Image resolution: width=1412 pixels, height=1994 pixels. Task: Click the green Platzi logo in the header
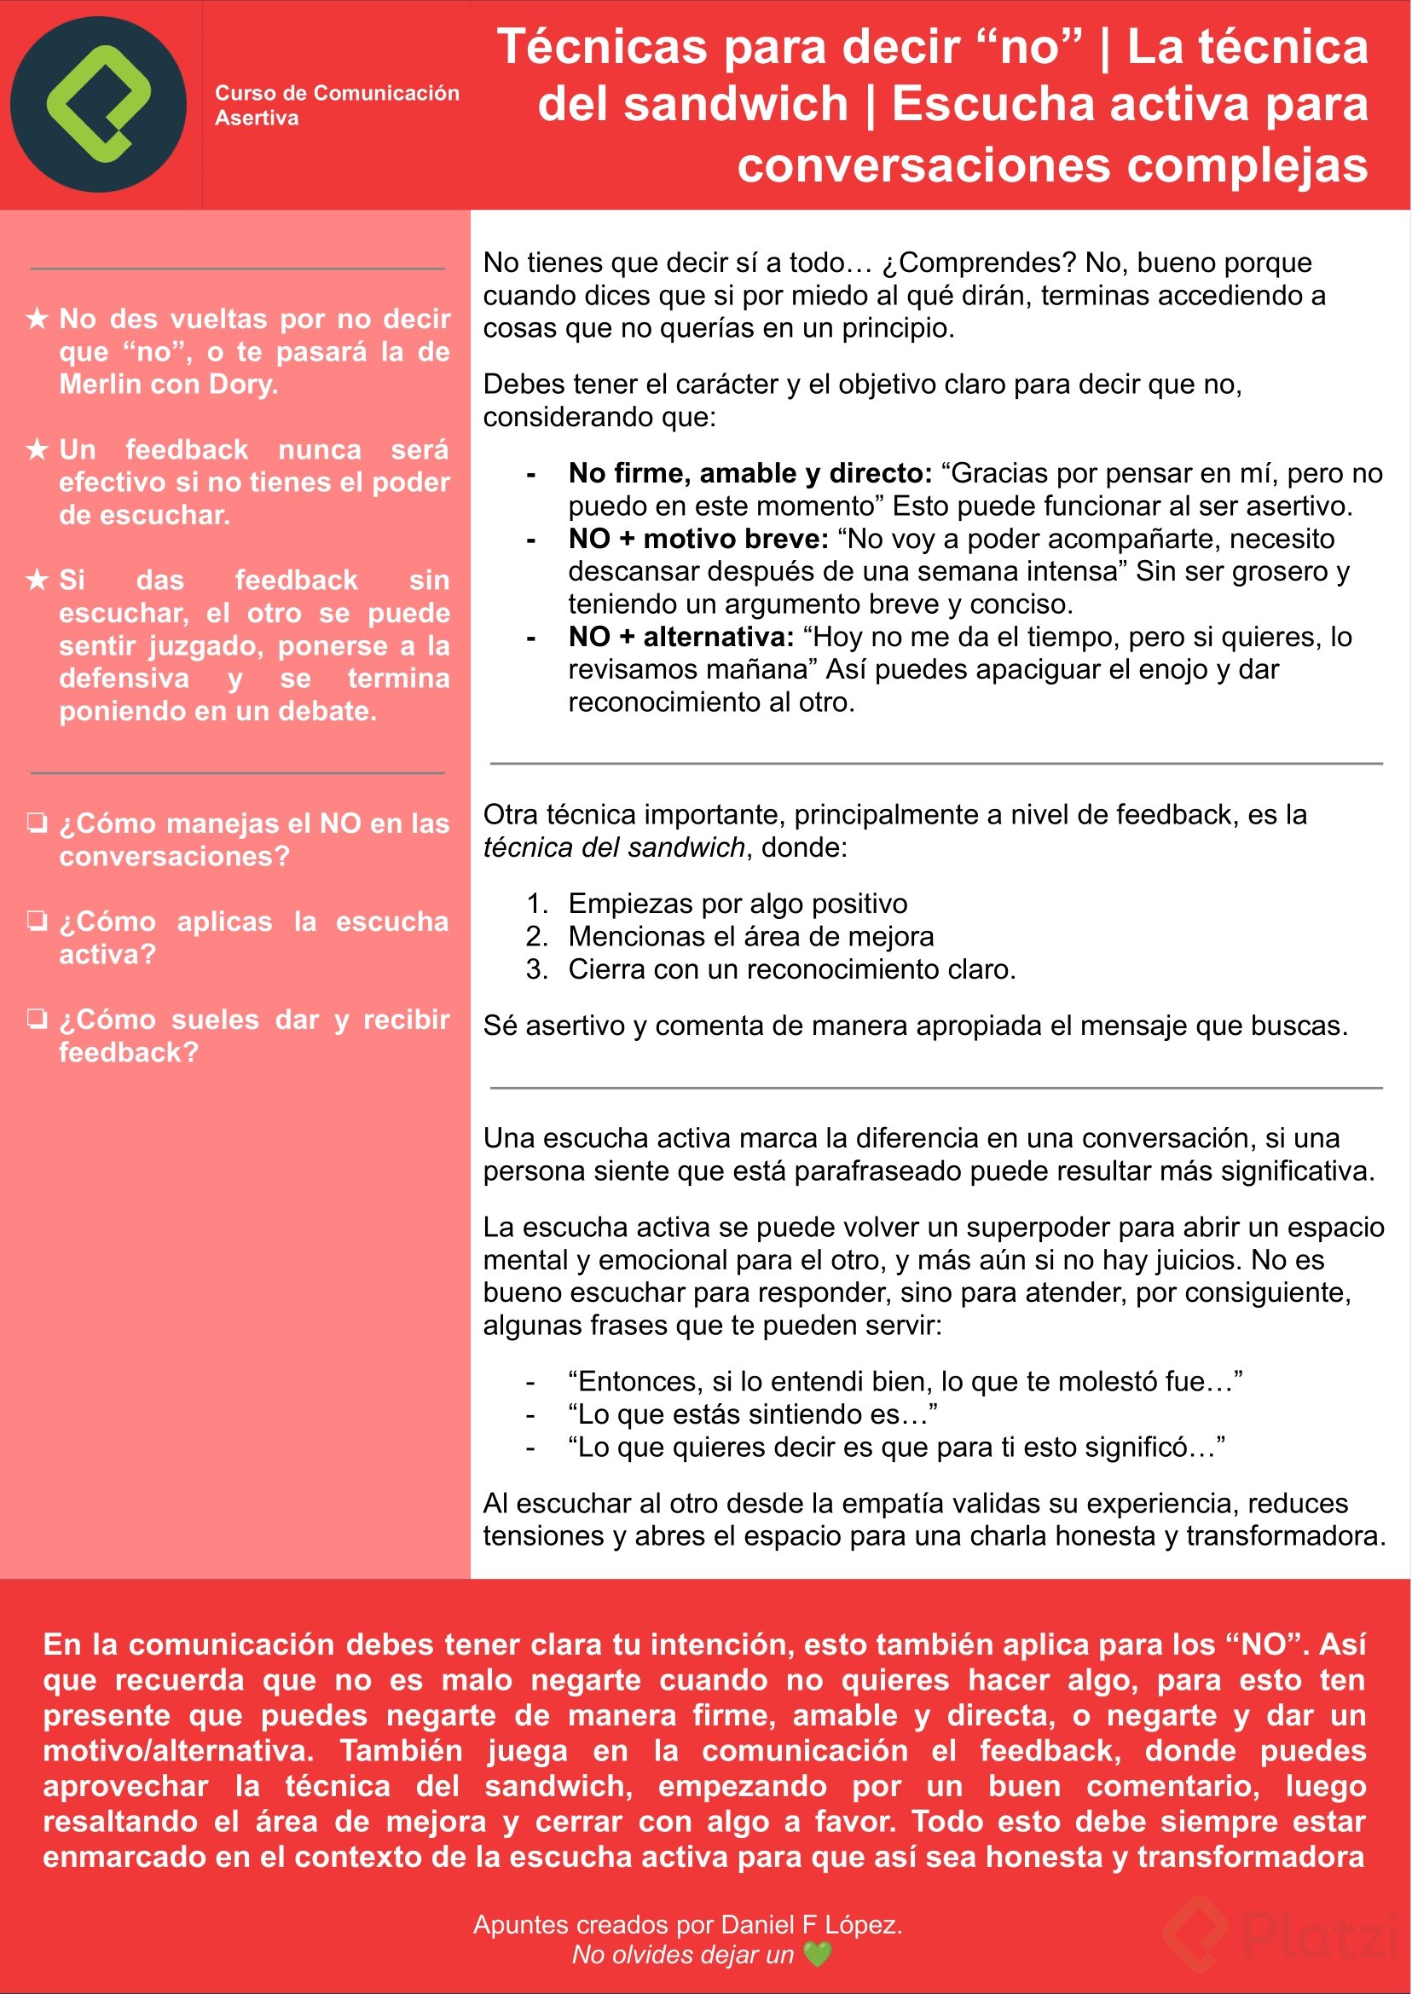click(x=98, y=104)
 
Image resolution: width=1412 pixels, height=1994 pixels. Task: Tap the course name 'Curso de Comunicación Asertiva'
click(x=337, y=105)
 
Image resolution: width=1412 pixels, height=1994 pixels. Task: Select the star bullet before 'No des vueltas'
click(x=38, y=319)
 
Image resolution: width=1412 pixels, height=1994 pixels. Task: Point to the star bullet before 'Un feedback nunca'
click(x=38, y=449)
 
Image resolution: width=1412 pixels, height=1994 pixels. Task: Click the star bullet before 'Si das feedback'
click(x=38, y=580)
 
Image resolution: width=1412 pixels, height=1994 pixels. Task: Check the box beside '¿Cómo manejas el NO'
click(x=38, y=823)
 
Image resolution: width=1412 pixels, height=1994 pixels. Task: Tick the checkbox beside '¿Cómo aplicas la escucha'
click(x=38, y=921)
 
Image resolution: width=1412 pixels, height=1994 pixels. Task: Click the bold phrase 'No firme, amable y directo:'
click(x=749, y=473)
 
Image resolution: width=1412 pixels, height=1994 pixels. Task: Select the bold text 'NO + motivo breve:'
click(x=698, y=539)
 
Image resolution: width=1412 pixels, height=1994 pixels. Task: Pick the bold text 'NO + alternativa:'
click(x=680, y=637)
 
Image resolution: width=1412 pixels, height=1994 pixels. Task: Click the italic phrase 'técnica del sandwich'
click(x=614, y=847)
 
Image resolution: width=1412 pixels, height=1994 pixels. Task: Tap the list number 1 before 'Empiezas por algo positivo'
click(x=536, y=904)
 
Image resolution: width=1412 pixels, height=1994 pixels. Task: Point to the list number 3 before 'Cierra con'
click(x=536, y=969)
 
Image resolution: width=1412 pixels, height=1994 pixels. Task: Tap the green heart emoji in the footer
click(x=817, y=1955)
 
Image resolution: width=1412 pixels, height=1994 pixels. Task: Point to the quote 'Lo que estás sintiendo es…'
click(x=753, y=1414)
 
